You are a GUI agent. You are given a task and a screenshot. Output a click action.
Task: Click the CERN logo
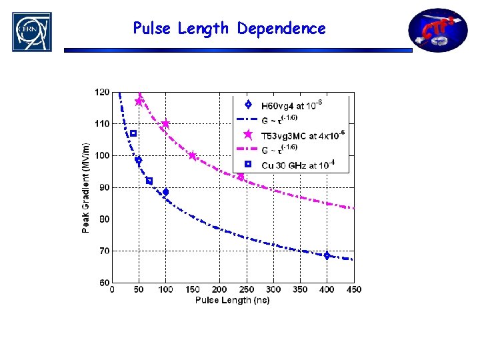(31, 31)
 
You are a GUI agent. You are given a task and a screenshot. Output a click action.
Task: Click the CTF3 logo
(438, 30)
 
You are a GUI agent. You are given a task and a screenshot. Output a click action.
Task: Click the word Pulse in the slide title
(151, 29)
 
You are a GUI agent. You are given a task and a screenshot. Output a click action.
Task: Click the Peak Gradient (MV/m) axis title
(87, 188)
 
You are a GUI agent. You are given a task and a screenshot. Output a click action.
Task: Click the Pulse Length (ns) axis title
(232, 301)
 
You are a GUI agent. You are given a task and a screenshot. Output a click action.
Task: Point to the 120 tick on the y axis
(102, 92)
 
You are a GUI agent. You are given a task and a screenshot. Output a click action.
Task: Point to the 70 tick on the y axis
(104, 251)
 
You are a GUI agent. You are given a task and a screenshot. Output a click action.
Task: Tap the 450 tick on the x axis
(353, 290)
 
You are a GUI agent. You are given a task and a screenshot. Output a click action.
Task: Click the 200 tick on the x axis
(219, 290)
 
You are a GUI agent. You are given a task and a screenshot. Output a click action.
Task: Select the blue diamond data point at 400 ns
(327, 256)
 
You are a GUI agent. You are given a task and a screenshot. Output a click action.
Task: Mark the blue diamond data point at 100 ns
(165, 192)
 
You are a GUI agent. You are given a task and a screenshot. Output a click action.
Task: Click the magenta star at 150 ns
(193, 156)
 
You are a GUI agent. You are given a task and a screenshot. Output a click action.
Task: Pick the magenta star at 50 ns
(139, 101)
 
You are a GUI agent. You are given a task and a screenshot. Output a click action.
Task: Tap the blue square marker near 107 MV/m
(133, 133)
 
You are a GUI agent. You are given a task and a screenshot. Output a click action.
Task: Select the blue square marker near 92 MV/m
(149, 181)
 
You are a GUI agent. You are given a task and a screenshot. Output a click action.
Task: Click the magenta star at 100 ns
(165, 124)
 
